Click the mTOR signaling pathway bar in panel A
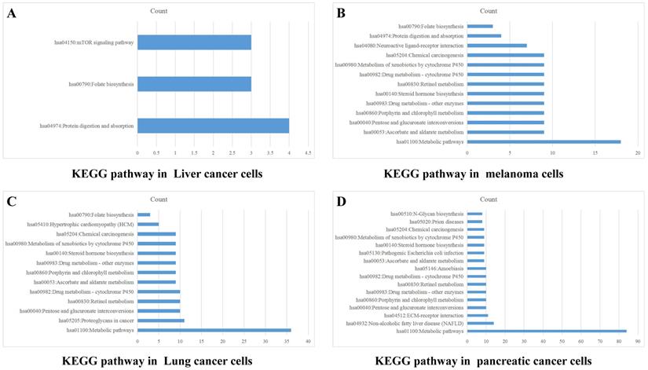point(194,42)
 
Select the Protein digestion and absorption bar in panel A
point(213,126)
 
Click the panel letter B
point(342,13)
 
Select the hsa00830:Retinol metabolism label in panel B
point(431,84)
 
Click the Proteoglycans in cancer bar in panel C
point(160,321)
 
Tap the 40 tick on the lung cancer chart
point(308,341)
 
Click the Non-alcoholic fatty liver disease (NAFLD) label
point(419,323)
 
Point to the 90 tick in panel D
point(638,341)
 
